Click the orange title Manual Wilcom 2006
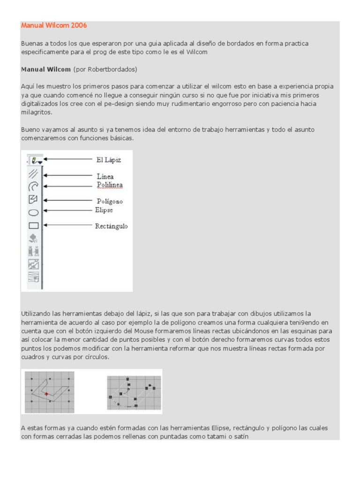pyautogui.click(x=54, y=25)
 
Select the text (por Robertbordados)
pyautogui.click(x=105, y=69)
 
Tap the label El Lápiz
pyautogui.click(x=109, y=160)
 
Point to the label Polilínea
pyautogui.click(x=110, y=185)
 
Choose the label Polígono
pyautogui.click(x=110, y=202)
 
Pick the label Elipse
pyautogui.click(x=105, y=210)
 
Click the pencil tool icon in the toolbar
pyautogui.click(x=34, y=161)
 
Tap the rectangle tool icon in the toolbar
pyautogui.click(x=34, y=226)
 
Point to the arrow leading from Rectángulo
pyautogui.click(x=68, y=225)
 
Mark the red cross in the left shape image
pyautogui.click(x=46, y=395)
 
